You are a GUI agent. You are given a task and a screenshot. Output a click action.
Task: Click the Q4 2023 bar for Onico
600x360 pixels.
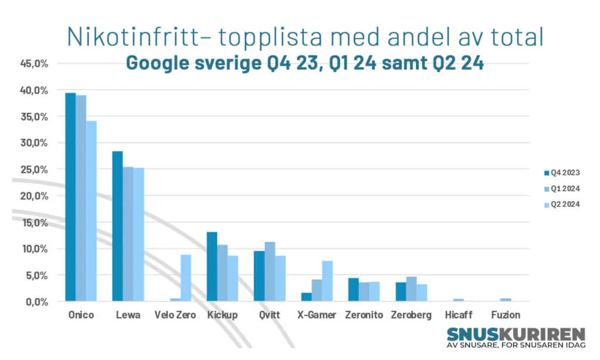pyautogui.click(x=70, y=197)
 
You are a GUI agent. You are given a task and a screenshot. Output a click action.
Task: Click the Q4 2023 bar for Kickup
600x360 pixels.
pyautogui.click(x=212, y=267)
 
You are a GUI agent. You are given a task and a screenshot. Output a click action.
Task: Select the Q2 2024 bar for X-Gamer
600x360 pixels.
pyautogui.click(x=327, y=281)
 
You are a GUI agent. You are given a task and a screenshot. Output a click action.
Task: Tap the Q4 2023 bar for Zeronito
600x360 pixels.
pyautogui.click(x=353, y=290)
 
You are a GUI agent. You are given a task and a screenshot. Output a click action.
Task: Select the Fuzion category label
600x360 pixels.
pyautogui.click(x=506, y=315)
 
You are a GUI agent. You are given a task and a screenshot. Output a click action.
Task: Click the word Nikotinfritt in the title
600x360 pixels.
pyautogui.click(x=132, y=36)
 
